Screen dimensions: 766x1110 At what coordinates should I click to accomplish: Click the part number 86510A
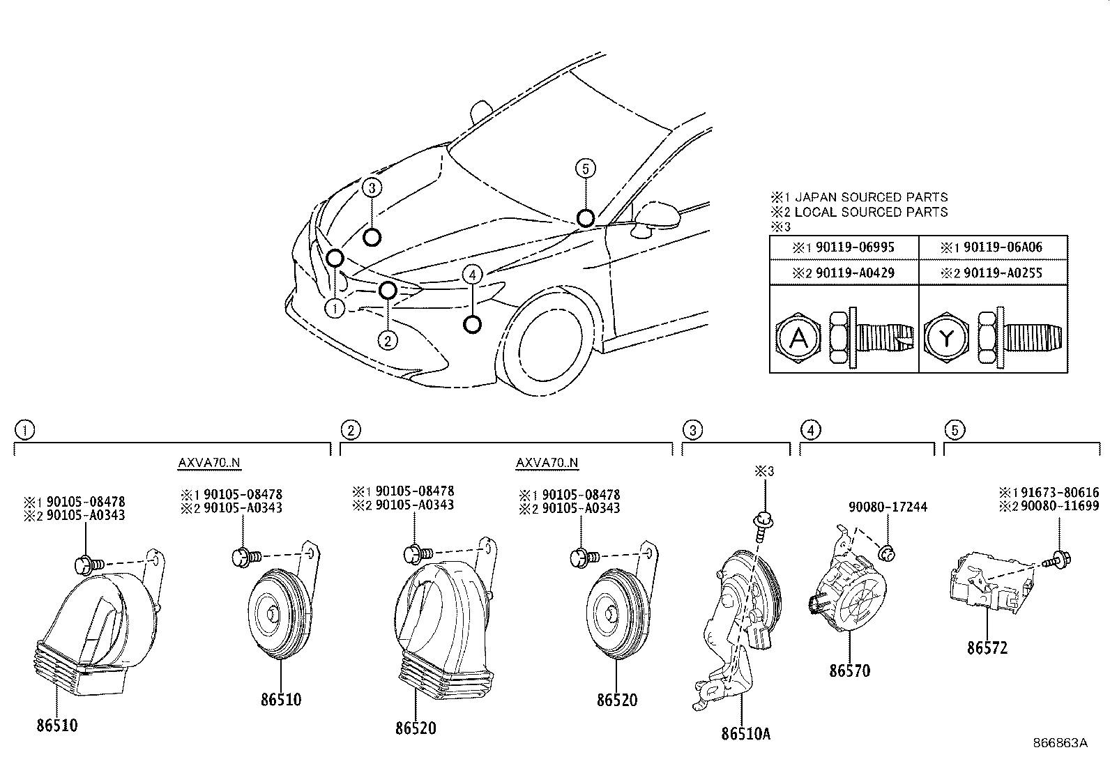[x=746, y=733]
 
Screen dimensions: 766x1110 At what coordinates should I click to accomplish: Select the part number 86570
[x=849, y=671]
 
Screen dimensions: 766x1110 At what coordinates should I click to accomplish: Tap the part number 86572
[x=987, y=648]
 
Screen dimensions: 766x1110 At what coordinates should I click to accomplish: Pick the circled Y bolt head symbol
[x=946, y=339]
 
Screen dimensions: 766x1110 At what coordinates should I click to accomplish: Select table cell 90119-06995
[x=844, y=247]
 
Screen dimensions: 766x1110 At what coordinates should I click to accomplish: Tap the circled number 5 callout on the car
[x=586, y=168]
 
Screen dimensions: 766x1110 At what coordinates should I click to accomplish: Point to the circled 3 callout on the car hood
[x=372, y=187]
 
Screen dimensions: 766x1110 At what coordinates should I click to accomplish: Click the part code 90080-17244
[x=888, y=507]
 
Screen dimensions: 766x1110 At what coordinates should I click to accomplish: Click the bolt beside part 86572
[x=1060, y=558]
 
